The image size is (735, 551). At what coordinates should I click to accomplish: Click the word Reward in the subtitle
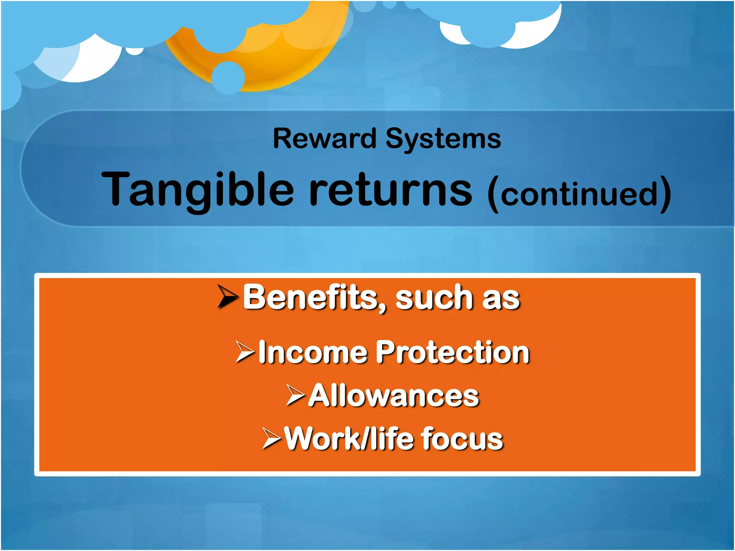[x=324, y=139]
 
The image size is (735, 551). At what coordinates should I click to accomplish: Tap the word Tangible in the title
[x=197, y=190]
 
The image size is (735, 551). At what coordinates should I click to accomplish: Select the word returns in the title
[x=391, y=190]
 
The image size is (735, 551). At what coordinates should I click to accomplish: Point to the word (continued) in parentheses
[x=579, y=194]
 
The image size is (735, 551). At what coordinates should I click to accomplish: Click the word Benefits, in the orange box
[x=315, y=298]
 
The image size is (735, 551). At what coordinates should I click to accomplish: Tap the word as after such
[x=501, y=300]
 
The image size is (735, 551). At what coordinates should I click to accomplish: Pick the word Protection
[x=453, y=353]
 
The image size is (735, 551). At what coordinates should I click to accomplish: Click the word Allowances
[x=394, y=396]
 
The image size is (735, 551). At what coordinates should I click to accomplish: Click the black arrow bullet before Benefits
[x=228, y=297]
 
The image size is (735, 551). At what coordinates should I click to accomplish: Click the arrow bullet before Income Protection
[x=245, y=352]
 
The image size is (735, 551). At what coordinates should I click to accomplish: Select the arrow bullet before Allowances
[x=295, y=395]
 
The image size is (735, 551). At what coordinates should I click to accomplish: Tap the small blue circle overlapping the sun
[x=228, y=77]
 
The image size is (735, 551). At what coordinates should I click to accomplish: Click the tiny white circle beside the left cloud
[x=135, y=51]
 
